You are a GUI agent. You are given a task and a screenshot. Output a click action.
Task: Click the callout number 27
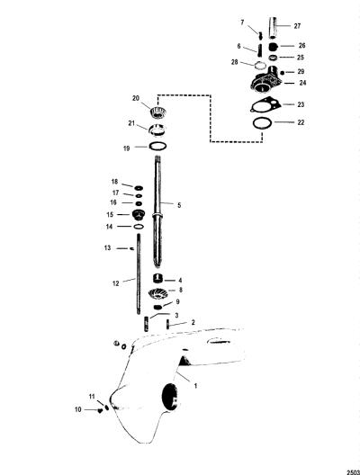297,26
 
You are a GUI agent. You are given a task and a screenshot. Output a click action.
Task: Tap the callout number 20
136,98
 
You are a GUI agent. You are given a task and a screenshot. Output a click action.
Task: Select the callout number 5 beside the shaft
179,205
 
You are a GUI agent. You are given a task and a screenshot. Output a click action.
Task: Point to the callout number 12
116,283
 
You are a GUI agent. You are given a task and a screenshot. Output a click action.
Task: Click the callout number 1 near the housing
195,386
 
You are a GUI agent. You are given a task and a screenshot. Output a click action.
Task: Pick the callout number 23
301,104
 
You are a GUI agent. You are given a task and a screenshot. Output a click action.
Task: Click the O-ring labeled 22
262,123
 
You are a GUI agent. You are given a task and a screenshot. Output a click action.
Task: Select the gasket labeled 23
265,106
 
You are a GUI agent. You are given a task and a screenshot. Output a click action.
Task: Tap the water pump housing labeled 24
265,80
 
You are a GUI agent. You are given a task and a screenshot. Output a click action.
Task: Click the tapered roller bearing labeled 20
158,112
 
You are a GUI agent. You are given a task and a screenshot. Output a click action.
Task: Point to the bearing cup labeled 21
157,130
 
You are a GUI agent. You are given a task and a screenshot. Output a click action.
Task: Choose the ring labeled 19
157,146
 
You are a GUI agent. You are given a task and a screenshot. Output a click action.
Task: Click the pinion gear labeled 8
157,293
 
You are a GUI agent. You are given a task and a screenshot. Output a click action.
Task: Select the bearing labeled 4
158,278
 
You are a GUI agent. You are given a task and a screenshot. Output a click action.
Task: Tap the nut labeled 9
158,307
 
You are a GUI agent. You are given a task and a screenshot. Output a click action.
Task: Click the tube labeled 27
273,28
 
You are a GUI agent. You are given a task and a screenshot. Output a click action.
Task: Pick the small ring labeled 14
139,227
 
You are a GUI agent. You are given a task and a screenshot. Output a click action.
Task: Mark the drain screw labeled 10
99,410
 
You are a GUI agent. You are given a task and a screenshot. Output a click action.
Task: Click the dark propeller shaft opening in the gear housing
170,397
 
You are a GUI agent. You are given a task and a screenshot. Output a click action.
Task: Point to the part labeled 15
139,215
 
